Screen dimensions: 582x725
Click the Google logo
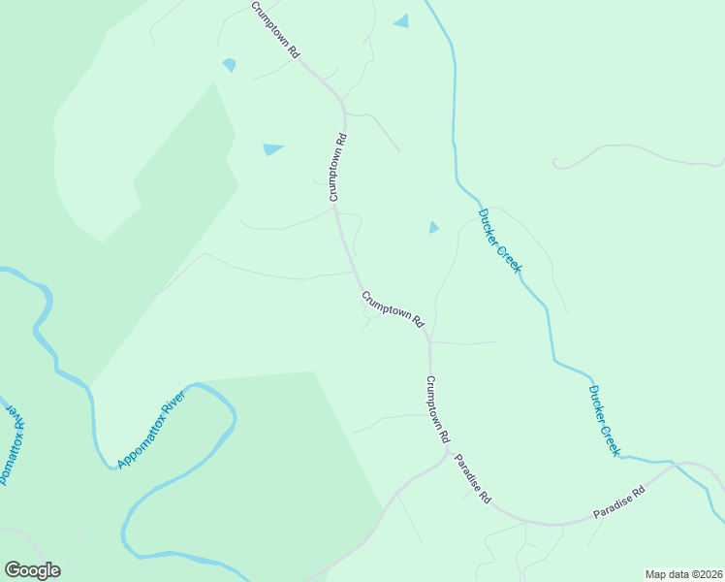click(x=32, y=570)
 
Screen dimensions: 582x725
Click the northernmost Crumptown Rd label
click(x=275, y=32)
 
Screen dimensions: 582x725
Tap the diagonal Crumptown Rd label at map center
click(x=393, y=308)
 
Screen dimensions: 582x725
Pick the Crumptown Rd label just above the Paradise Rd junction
click(x=438, y=409)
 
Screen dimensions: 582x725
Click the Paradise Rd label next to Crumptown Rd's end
click(x=473, y=478)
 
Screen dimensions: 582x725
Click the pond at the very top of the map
click(x=401, y=20)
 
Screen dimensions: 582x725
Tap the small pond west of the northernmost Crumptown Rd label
click(x=229, y=65)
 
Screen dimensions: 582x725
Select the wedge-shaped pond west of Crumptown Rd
click(x=272, y=149)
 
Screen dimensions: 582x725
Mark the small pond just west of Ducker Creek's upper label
click(x=433, y=228)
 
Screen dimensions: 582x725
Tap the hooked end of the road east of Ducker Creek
click(x=555, y=163)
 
